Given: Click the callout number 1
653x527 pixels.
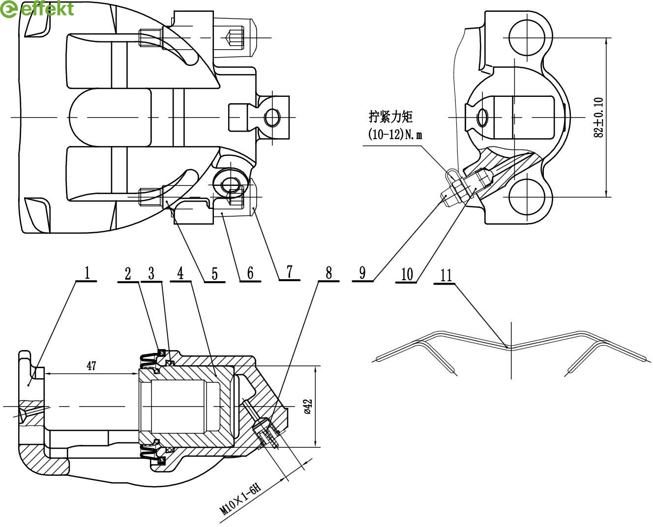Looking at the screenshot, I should (88, 273).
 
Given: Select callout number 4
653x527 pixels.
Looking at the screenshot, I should (180, 273).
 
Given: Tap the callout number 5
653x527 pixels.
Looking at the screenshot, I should (215, 274).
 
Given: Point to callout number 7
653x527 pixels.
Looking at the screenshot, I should (290, 272).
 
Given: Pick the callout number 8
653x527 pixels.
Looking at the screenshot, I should (328, 273).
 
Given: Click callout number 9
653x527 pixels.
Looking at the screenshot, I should (362, 273).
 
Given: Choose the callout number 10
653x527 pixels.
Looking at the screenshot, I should (407, 274).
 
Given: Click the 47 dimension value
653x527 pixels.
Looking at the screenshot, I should (91, 365).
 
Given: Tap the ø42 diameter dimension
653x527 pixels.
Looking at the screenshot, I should (308, 407).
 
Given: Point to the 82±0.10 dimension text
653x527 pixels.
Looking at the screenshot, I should (598, 117).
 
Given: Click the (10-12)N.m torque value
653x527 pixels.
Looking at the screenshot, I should (394, 134).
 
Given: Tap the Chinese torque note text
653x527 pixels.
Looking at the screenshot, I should (391, 117).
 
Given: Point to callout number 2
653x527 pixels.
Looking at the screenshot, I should (128, 273).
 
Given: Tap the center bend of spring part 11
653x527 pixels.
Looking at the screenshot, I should (510, 347).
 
